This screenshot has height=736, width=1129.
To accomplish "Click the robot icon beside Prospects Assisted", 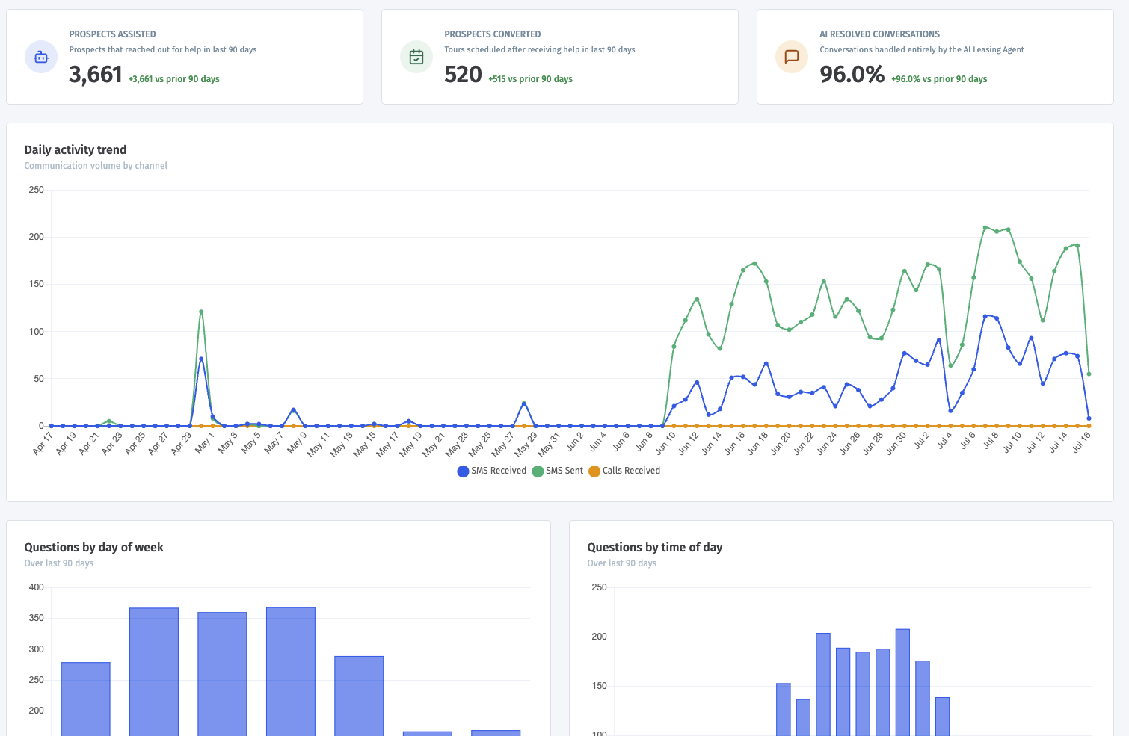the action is click(x=41, y=57).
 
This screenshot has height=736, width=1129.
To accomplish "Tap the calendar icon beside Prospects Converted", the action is click(x=416, y=57).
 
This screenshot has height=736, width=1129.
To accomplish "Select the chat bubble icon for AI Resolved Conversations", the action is click(x=791, y=57).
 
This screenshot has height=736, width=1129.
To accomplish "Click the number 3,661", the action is click(x=96, y=75).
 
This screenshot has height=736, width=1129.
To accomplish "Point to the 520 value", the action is click(x=464, y=75).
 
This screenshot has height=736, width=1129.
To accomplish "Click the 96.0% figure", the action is click(x=852, y=75).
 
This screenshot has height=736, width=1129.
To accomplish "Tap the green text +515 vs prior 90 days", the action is click(x=530, y=79).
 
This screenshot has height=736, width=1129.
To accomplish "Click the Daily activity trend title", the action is click(x=76, y=149).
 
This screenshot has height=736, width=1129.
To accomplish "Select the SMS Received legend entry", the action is click(x=491, y=471).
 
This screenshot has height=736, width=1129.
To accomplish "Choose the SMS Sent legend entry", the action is click(x=558, y=471).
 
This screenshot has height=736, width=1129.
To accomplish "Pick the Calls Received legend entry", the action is click(x=624, y=471).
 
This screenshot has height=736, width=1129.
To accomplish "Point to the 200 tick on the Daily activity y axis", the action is click(x=37, y=237).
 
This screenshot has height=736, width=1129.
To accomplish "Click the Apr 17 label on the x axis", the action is click(x=43, y=443).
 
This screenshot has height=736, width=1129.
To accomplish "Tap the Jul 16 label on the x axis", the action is click(x=1081, y=442).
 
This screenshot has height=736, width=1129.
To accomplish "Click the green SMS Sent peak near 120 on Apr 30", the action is click(x=201, y=312).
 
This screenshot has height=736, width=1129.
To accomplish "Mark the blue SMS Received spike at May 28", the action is click(x=524, y=404).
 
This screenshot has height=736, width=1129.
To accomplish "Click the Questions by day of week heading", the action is click(x=93, y=547).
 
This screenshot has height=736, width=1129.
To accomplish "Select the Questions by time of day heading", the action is click(x=655, y=547).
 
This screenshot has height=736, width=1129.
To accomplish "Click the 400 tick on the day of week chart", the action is click(x=37, y=587).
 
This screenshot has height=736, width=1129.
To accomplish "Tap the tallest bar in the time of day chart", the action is click(x=902, y=683).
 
